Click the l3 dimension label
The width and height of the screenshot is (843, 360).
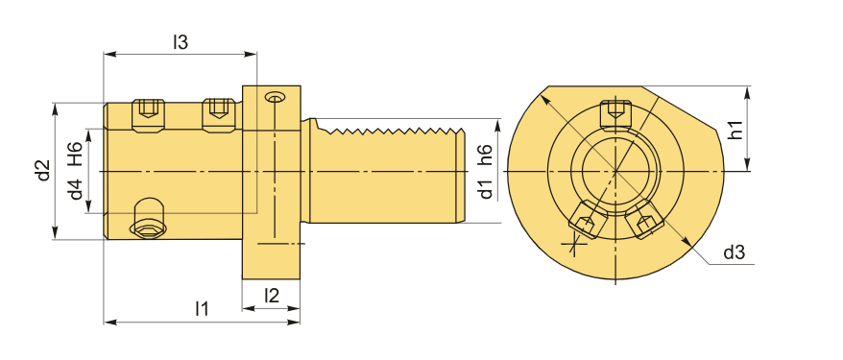[x=181, y=42]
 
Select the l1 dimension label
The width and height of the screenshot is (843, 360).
[x=202, y=308]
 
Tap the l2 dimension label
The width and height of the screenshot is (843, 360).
[x=272, y=295]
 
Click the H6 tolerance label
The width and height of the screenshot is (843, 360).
[x=75, y=154]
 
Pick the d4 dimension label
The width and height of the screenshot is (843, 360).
[x=75, y=189]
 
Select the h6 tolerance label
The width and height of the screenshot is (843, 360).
[x=485, y=155]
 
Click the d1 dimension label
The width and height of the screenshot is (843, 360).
[x=485, y=189]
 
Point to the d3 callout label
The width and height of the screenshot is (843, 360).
[x=734, y=252]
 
